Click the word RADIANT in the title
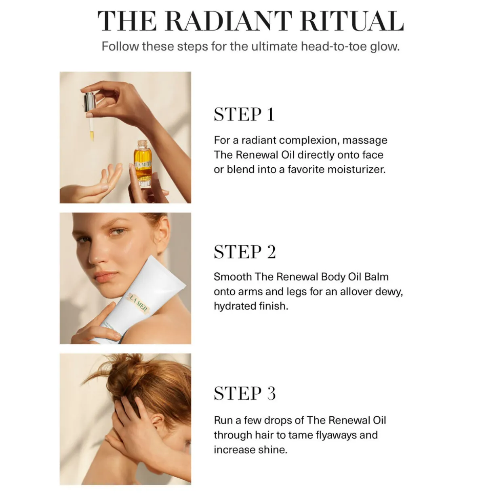(232, 21)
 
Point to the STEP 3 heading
(245, 393)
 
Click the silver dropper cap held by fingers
(89, 101)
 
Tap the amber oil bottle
(143, 163)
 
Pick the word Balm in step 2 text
(376, 277)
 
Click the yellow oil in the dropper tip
(92, 136)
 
